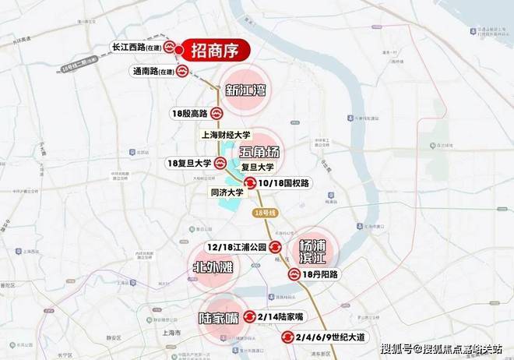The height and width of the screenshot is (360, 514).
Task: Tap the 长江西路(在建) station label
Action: [136, 47]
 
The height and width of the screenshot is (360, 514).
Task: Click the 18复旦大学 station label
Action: [189, 164]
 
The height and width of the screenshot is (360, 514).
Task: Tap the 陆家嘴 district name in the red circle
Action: [217, 318]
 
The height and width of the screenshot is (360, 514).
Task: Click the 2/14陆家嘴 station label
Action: [282, 316]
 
